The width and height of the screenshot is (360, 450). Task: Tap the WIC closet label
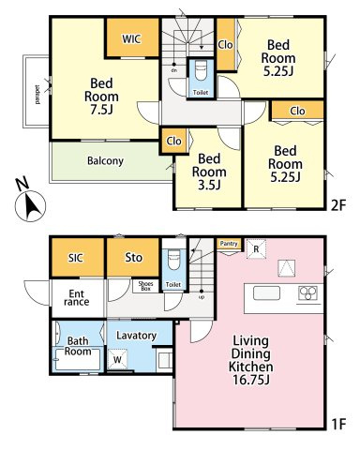coord(131,39)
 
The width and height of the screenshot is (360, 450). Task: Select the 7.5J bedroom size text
coord(101,110)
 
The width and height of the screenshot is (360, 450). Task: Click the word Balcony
coord(105,161)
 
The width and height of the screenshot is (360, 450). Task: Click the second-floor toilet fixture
coord(201,71)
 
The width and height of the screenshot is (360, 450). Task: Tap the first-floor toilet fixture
coord(173,259)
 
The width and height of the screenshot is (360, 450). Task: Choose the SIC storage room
coord(77,257)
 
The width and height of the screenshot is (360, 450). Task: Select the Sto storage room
coord(133,257)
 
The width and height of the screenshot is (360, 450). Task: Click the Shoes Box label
coord(145,286)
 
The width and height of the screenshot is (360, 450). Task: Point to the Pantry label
coord(229,244)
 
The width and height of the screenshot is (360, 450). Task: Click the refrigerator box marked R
coord(256,249)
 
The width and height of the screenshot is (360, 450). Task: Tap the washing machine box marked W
coord(117,359)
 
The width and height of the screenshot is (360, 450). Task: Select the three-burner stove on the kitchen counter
coord(308,293)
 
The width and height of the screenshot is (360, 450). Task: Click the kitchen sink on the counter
coord(266,293)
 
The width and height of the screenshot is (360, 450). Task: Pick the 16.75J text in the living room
coord(251,380)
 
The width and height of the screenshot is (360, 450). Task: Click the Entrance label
coord(77,298)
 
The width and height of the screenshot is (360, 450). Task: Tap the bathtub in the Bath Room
coord(77,359)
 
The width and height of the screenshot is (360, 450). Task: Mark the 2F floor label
coord(338,205)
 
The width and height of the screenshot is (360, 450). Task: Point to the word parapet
coord(37,94)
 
